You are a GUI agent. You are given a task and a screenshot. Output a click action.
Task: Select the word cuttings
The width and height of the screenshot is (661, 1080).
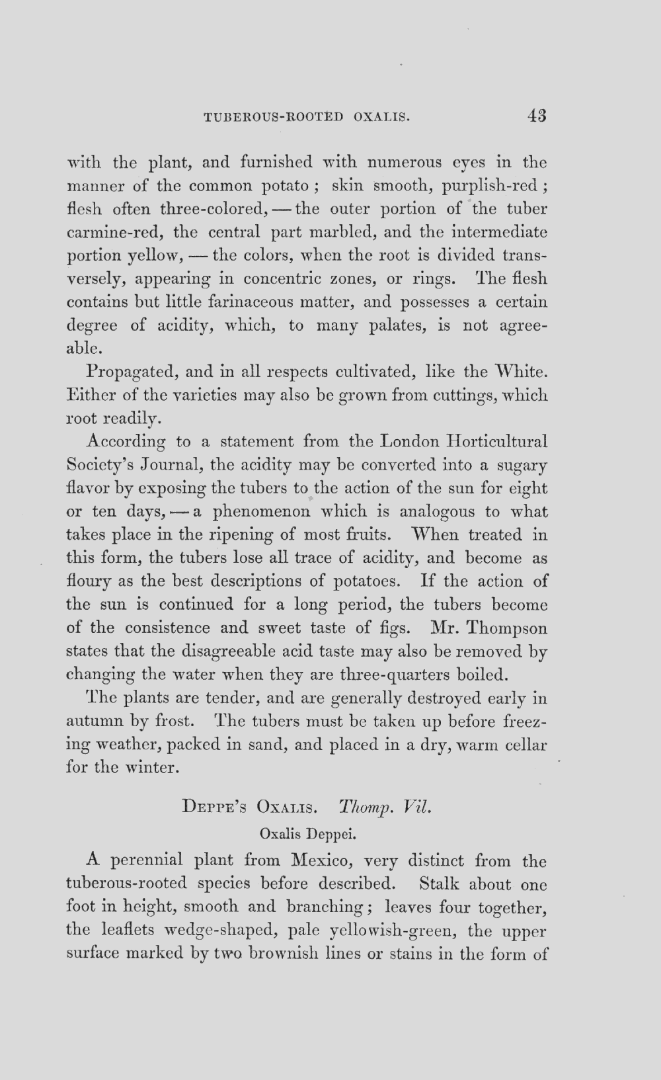[x=464, y=395]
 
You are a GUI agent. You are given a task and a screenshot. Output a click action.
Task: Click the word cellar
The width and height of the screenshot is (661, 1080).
[x=525, y=745]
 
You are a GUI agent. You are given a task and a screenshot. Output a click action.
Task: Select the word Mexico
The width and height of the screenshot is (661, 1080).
[x=320, y=861]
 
